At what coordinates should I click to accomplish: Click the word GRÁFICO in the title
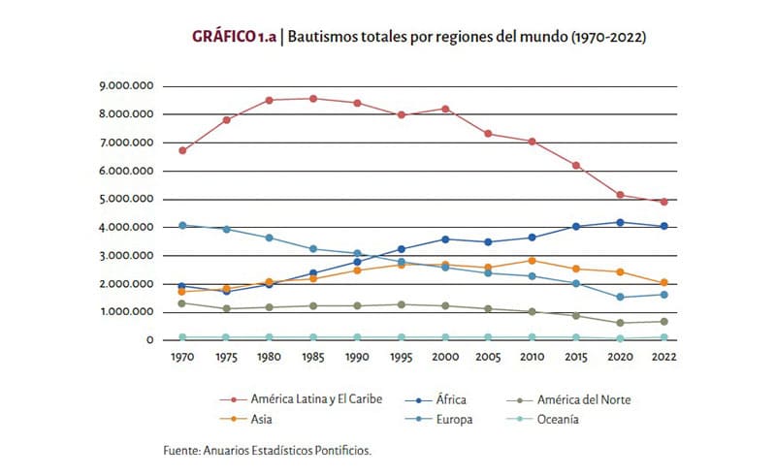[x=223, y=37]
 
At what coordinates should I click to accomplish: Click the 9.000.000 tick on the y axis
[x=127, y=86]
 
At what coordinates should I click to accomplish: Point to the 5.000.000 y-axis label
[x=127, y=199]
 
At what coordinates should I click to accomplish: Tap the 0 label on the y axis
[x=150, y=340]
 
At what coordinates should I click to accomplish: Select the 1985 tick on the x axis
[x=312, y=357]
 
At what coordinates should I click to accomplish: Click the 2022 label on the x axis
[x=663, y=357]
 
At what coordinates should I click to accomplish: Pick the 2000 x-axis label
[x=445, y=357]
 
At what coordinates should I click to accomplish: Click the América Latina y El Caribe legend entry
[x=301, y=399]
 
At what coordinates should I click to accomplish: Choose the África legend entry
[x=436, y=399]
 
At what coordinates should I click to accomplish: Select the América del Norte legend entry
[x=568, y=399]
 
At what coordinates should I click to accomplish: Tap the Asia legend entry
[x=246, y=420]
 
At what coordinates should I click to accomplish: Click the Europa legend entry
[x=439, y=420]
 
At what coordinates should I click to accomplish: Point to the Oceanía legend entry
[x=543, y=420]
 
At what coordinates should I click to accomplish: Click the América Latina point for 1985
[x=312, y=99]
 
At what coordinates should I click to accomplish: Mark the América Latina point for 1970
[x=182, y=150]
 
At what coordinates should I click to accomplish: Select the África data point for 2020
[x=620, y=223]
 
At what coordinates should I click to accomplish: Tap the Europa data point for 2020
[x=620, y=298]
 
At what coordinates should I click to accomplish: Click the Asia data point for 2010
[x=532, y=261]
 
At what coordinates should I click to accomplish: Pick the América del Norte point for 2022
[x=664, y=322]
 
